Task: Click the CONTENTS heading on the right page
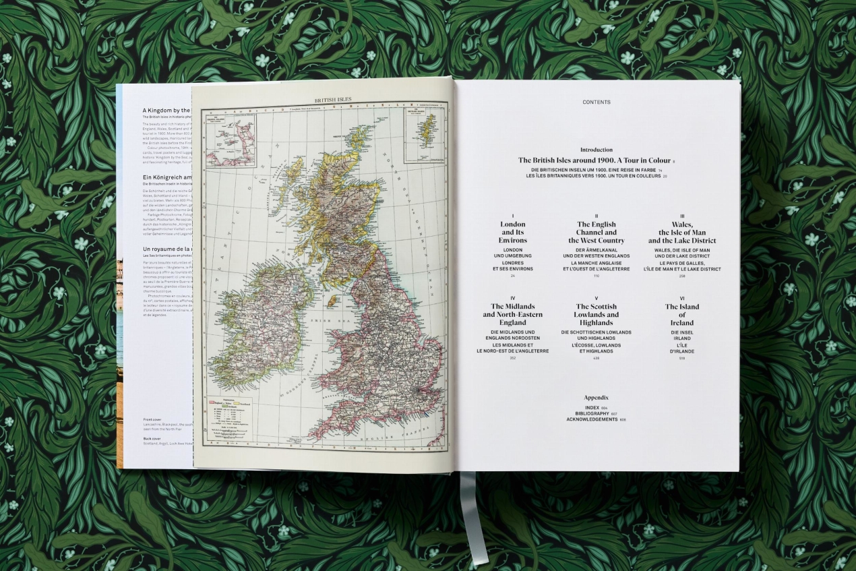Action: pos(597,102)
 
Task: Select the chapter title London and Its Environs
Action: pos(512,232)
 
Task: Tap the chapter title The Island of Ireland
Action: pos(682,315)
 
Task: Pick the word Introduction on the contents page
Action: pos(597,150)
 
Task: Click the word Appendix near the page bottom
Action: pos(597,398)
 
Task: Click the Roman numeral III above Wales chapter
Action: pos(682,216)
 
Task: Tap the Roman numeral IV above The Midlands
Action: pos(512,298)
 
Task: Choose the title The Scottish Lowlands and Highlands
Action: pos(597,315)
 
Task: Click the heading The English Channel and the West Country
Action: pos(597,232)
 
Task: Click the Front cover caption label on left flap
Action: pos(154,419)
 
